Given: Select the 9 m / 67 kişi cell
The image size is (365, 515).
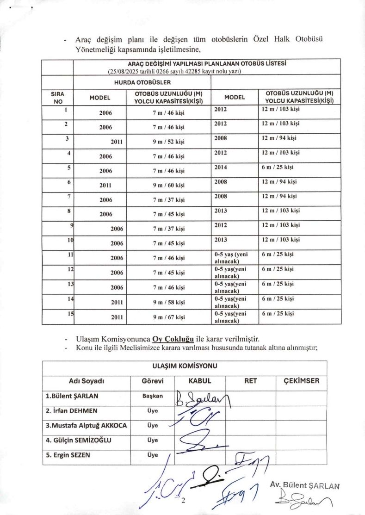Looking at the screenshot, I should pyautogui.click(x=169, y=317).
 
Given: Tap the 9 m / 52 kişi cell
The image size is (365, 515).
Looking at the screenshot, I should pyautogui.click(x=169, y=143).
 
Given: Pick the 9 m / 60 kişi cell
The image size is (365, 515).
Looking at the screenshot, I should pyautogui.click(x=169, y=186).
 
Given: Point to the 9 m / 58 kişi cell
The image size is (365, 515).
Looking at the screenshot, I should pyautogui.click(x=169, y=303).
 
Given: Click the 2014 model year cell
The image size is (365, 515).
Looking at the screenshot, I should pyautogui.click(x=221, y=167).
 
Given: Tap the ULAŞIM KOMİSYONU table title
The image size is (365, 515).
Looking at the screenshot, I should pyautogui.click(x=185, y=366).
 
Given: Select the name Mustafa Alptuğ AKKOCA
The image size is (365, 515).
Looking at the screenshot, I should pyautogui.click(x=86, y=425).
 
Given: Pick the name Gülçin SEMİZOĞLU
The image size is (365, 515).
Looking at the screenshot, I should pyautogui.click(x=79, y=440).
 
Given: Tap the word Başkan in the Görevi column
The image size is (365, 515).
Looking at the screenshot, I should pyautogui.click(x=153, y=396).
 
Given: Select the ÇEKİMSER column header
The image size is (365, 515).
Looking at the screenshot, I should pyautogui.click(x=301, y=381).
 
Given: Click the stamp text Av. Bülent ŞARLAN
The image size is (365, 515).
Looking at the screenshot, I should pyautogui.click(x=305, y=486).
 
